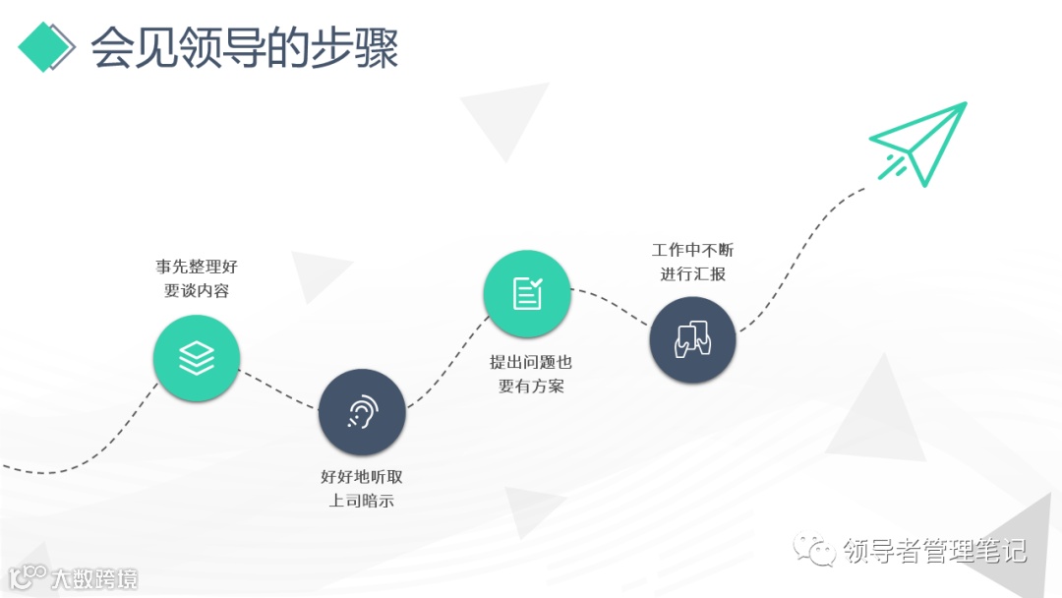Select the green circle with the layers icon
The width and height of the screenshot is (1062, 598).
tap(197, 358)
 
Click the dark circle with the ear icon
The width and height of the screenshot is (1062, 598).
tap(362, 412)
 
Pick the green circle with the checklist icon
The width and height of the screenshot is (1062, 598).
tap(527, 293)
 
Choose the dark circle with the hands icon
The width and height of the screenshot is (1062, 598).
tap(692, 339)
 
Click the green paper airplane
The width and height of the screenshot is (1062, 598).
tap(920, 144)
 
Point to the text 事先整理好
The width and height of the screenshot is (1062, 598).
tap(197, 267)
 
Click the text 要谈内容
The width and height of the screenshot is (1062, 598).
tap(197, 291)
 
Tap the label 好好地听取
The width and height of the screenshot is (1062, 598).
tap(362, 477)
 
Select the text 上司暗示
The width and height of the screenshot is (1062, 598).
tap(362, 502)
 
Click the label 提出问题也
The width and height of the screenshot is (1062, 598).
tap(530, 362)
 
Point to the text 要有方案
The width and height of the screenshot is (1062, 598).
tap(530, 387)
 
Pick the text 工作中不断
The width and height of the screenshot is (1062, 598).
tap(692, 250)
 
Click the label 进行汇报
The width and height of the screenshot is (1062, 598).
tap(692, 274)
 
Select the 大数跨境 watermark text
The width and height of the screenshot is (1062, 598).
tap(93, 578)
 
